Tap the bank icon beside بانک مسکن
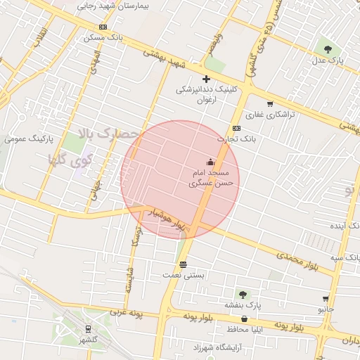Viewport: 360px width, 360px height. [x=103, y=27]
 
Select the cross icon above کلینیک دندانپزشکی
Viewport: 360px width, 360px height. [x=206, y=79]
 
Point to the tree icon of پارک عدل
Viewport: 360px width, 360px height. [x=328, y=49]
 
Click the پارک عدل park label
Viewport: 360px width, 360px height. [x=328, y=61]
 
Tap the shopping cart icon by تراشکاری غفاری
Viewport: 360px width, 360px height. [x=270, y=103]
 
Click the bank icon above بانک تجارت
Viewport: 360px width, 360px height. [x=236, y=128]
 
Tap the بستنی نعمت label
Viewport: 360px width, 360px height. [x=184, y=275]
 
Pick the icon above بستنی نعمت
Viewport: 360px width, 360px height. [x=184, y=264]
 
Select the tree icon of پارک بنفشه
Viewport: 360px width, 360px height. [x=243, y=295]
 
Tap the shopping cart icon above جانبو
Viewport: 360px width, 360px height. [x=325, y=299]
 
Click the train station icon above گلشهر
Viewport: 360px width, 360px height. [x=88, y=329]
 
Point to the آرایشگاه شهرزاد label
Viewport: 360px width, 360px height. [x=215, y=347]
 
